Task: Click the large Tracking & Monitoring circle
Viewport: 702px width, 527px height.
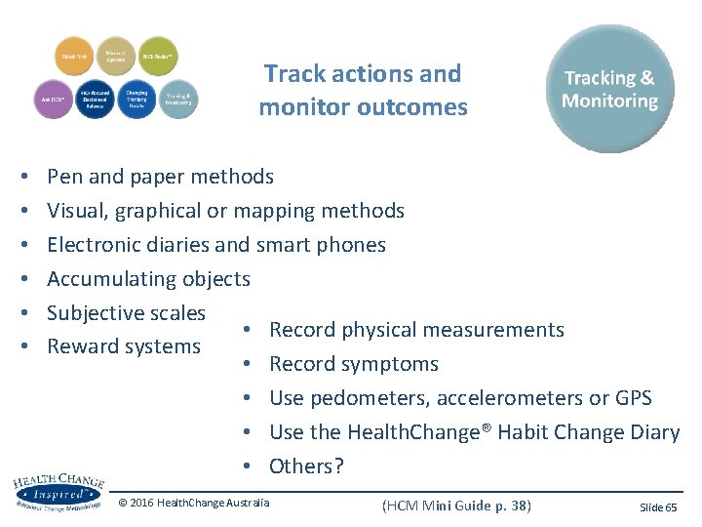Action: pos(609,89)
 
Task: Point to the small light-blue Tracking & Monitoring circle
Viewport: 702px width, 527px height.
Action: pos(176,99)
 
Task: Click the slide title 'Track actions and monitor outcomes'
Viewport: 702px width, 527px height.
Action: pos(363,90)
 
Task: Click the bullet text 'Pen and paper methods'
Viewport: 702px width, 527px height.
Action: pos(160,177)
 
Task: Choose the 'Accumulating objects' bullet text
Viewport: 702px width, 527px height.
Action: pos(148,279)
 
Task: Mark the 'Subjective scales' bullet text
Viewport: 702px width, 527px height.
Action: pos(126,313)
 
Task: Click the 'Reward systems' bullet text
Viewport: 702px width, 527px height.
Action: pos(124,346)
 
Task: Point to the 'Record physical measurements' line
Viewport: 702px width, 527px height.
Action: pos(416,330)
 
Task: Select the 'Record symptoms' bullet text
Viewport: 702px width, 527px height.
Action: pos(353,364)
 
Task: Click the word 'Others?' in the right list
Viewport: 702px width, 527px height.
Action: pos(306,466)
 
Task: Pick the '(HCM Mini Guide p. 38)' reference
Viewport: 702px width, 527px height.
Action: pos(456,505)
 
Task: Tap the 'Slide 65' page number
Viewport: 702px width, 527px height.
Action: pos(657,507)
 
